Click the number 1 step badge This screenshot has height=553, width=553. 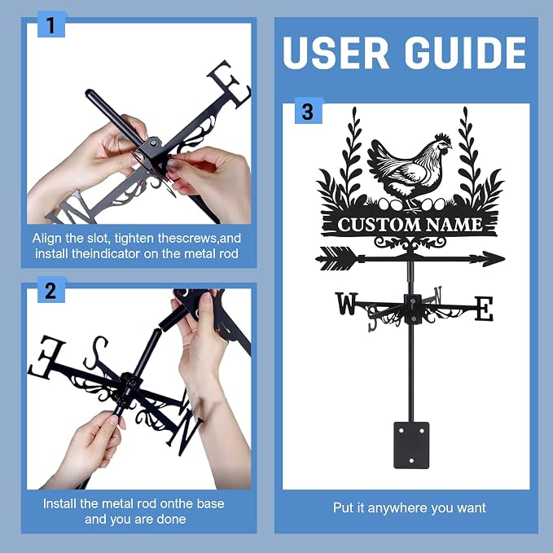coord(51,24)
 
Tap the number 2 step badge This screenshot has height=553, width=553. coord(51,290)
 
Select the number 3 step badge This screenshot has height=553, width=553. coord(308,111)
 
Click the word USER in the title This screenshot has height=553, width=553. coord(336,53)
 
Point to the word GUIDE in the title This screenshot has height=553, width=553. coord(466,53)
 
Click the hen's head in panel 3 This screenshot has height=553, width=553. coord(443,143)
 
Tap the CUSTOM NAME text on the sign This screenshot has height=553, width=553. coord(410,225)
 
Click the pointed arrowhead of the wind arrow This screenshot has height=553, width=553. coord(493,259)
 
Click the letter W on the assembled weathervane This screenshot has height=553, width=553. coord(346,303)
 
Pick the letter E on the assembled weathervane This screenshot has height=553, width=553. coord(484,309)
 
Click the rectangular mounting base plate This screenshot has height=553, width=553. coord(411,445)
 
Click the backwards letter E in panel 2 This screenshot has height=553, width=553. coord(46,357)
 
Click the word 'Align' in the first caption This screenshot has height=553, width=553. coord(45,239)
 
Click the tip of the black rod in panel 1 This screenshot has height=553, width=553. coord(89,93)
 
